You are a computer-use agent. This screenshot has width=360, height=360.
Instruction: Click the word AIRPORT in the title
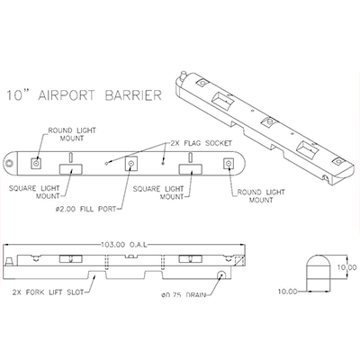pos(67,95)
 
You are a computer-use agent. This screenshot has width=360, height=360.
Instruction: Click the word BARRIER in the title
pos(133,95)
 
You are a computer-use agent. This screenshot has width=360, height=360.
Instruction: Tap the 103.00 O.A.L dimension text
pos(124,245)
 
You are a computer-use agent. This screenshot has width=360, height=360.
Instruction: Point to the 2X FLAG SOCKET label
pos(201,143)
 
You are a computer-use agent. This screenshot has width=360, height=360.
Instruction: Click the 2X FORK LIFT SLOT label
pos(48,292)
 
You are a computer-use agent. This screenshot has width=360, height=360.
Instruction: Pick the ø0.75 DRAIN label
pos(184,295)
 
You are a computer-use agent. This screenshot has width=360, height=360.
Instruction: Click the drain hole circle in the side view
pos(222,274)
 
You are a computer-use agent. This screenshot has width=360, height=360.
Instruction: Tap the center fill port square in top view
pos(130,164)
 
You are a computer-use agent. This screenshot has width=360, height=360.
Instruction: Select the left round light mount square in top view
pos(37,163)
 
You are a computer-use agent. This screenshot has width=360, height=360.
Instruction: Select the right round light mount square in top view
pos(229,163)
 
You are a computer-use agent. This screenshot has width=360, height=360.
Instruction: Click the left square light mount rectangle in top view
pos(71,169)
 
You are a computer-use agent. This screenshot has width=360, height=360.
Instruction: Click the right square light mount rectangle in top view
pos(190,169)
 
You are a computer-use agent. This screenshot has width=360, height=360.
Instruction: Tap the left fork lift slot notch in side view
pos(97,274)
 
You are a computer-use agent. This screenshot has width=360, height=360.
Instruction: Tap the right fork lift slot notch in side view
pos(154,274)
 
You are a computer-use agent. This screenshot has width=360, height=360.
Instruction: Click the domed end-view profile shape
pos(319,273)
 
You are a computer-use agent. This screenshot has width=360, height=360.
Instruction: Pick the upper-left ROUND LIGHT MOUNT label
pos(72,134)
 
